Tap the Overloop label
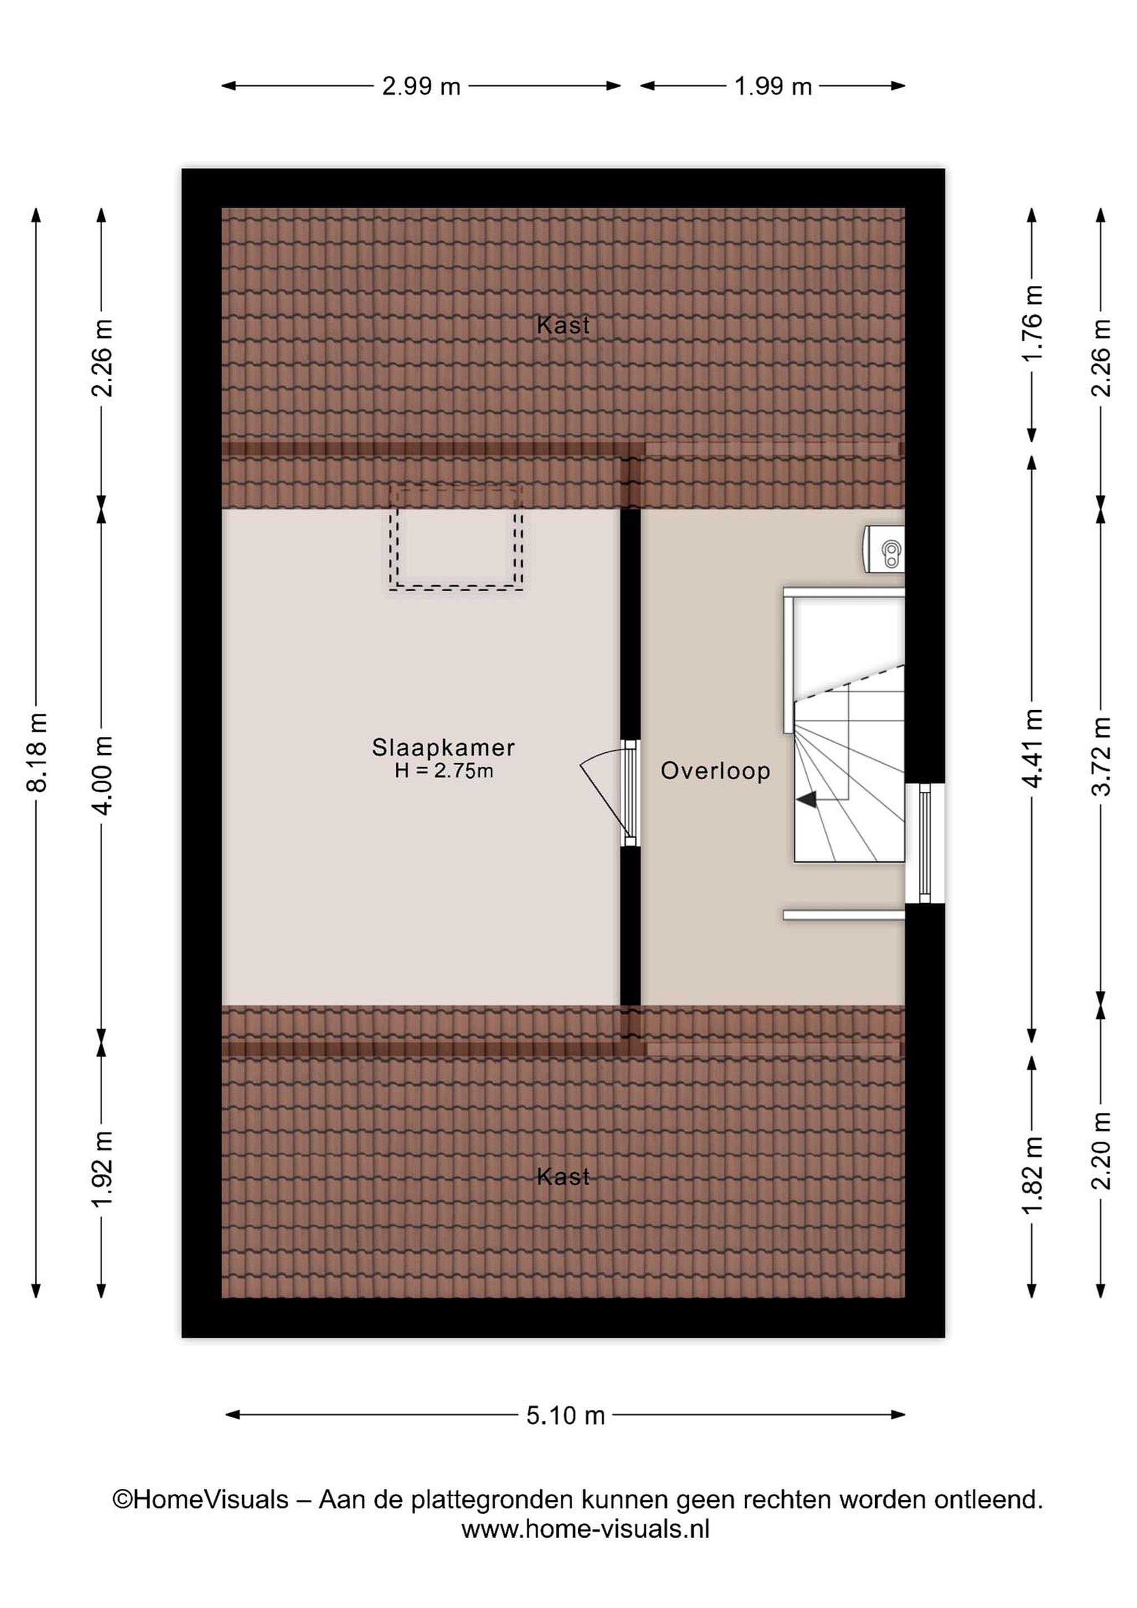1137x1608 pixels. (x=716, y=770)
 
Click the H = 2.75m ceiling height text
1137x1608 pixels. (x=444, y=771)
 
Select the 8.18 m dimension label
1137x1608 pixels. (x=36, y=752)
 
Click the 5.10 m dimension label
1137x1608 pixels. (x=565, y=1415)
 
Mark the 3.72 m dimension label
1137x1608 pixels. (x=1101, y=757)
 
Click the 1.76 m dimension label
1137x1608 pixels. (x=1033, y=323)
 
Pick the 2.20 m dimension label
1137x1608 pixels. (x=1101, y=1151)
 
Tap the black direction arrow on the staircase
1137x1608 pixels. (x=807, y=799)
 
